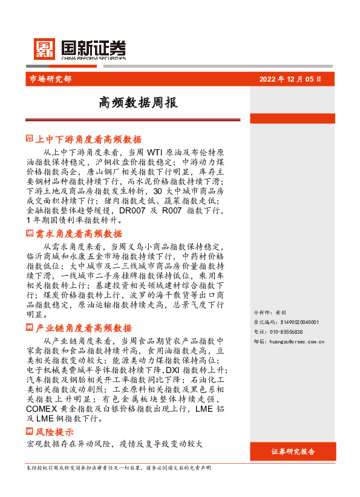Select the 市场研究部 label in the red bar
click(50, 79)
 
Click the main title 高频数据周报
click(139, 103)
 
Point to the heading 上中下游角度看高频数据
click(88, 139)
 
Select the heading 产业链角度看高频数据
click(83, 328)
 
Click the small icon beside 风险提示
click(30, 432)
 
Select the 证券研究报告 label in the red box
click(293, 452)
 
